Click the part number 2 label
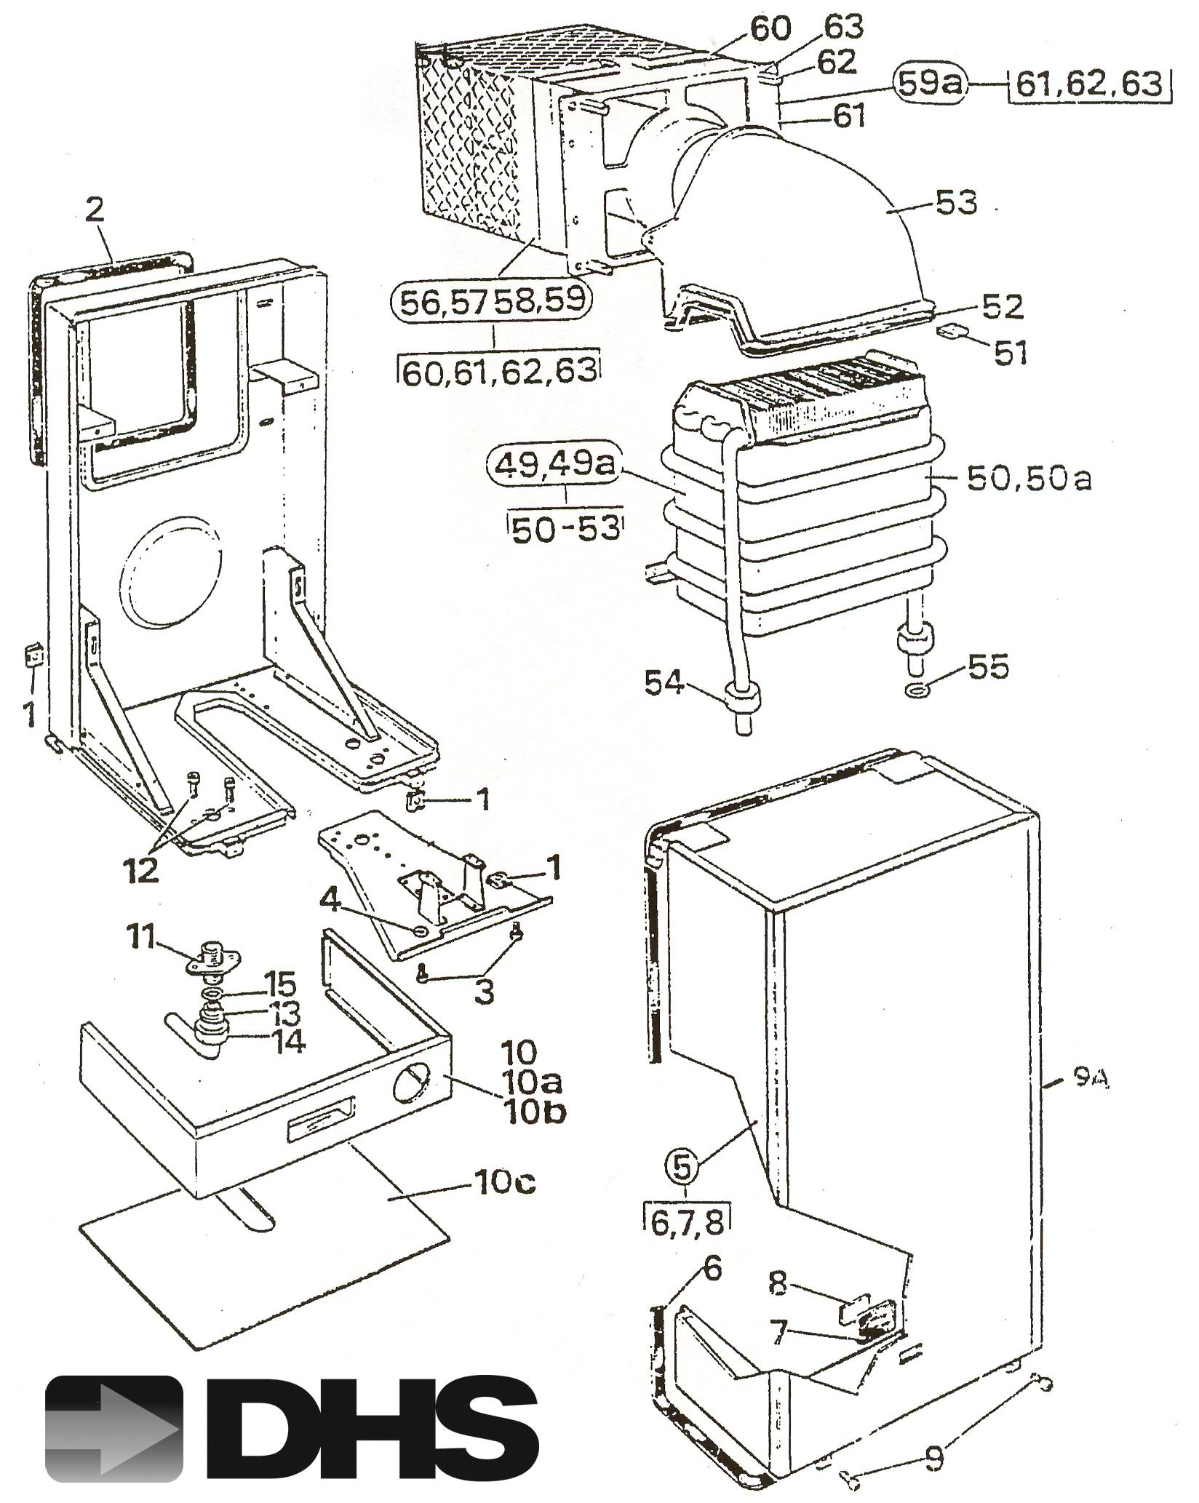point(95,210)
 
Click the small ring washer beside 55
point(916,688)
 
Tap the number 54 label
point(664,683)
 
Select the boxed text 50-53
point(567,529)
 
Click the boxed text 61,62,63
point(1089,85)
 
